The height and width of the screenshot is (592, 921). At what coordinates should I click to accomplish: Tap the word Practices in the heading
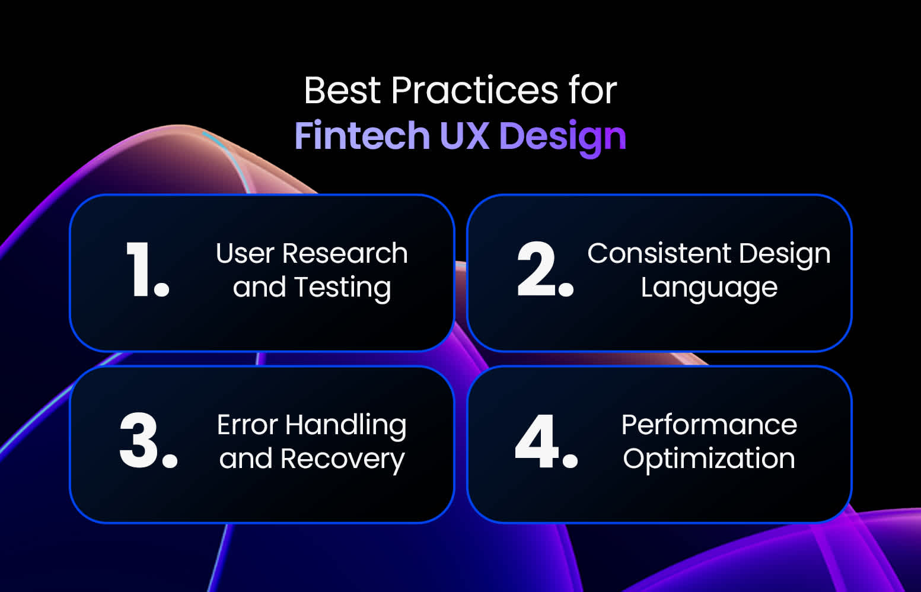(x=474, y=91)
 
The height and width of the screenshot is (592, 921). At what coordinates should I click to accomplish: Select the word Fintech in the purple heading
(x=362, y=136)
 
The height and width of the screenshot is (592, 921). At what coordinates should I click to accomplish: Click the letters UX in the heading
(x=464, y=136)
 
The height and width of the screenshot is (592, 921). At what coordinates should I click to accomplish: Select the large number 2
(x=537, y=269)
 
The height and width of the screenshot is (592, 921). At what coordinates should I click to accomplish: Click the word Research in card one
(x=345, y=254)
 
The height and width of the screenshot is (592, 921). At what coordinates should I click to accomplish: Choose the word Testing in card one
(x=342, y=288)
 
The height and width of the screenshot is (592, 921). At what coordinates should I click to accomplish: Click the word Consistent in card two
(x=658, y=254)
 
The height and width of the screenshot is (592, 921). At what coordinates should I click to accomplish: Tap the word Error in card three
(x=247, y=425)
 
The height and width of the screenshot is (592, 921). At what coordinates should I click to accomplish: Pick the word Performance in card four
(x=709, y=425)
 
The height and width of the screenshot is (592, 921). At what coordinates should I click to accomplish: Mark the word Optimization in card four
(x=709, y=460)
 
